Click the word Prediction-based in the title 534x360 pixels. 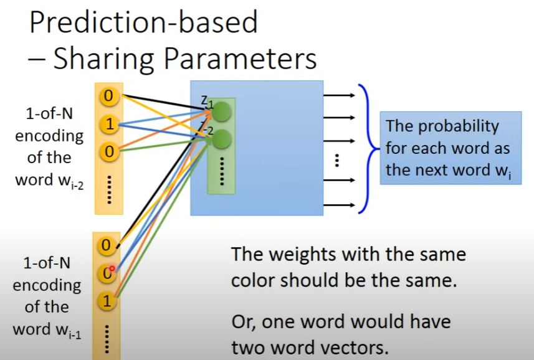click(x=143, y=23)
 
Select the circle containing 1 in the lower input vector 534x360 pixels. click(x=107, y=302)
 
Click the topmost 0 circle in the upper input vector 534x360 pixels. click(x=110, y=96)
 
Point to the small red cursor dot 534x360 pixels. click(x=113, y=268)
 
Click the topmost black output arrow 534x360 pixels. click(x=340, y=95)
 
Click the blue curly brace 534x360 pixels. click(x=368, y=149)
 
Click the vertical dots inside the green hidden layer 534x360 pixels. click(x=221, y=171)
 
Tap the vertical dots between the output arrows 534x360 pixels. click(x=336, y=160)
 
